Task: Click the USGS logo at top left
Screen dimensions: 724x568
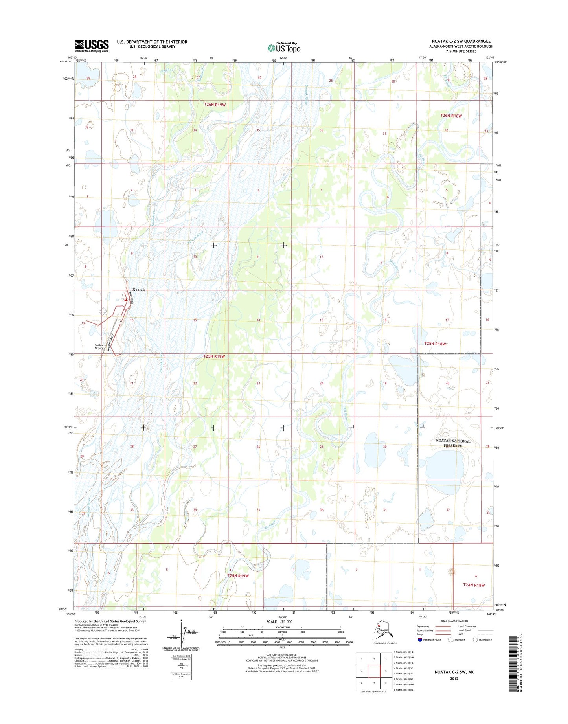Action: tap(92, 46)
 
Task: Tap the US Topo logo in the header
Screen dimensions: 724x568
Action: tap(284, 48)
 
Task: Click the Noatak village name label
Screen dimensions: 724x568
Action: tap(139, 290)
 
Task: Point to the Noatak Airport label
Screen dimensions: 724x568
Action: tap(98, 347)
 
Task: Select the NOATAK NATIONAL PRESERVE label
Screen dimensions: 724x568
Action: tap(453, 443)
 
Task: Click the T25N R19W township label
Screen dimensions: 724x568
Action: tap(214, 356)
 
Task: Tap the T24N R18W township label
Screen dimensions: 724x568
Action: tap(474, 585)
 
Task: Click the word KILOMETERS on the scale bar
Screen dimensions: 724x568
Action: tap(282, 627)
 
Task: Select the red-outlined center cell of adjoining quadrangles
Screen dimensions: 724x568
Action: tap(374, 671)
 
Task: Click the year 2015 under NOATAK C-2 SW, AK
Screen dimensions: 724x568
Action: tap(454, 678)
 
